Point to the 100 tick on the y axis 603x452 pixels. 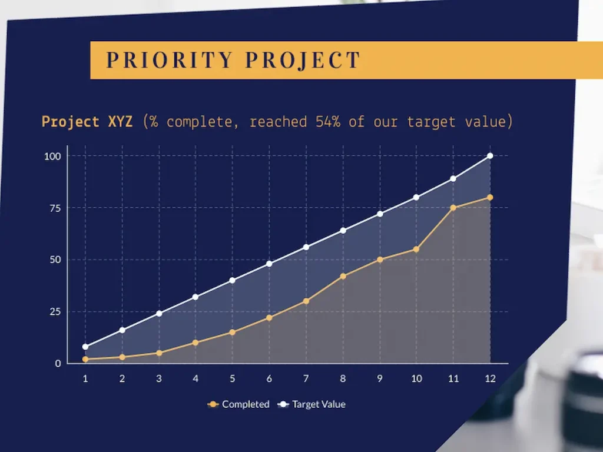click(x=53, y=156)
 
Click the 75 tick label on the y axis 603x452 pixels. click(x=55, y=208)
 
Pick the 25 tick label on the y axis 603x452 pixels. click(x=55, y=311)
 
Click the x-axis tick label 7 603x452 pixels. click(x=306, y=379)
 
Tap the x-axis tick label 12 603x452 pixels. click(x=490, y=379)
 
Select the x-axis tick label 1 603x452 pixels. click(x=85, y=379)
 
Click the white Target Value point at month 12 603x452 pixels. click(x=490, y=156)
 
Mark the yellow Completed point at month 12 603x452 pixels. click(x=490, y=197)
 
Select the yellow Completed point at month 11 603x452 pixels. click(x=453, y=208)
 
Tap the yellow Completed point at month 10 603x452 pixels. click(x=416, y=249)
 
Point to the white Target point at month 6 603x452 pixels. click(x=269, y=264)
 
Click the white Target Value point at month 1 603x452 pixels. click(x=85, y=347)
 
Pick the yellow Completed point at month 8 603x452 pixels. click(x=343, y=276)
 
